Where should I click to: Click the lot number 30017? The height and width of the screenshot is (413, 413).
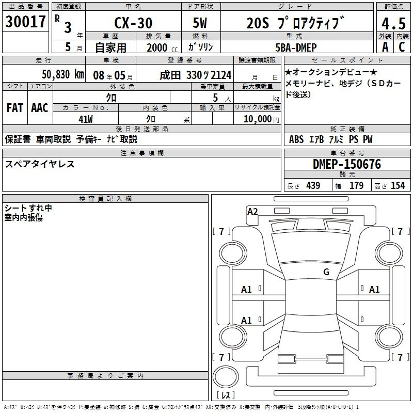coord(25,22)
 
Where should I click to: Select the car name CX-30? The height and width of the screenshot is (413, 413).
coord(133,23)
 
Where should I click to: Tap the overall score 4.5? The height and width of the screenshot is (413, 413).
coord(393,23)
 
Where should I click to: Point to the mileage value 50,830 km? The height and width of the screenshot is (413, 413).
coord(63,74)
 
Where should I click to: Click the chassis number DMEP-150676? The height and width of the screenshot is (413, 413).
coord(347,164)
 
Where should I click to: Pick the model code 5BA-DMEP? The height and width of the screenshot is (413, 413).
coord(296,47)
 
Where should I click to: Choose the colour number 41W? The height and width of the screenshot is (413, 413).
coord(86,119)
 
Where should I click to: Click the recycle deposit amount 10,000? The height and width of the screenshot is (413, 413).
coord(258,119)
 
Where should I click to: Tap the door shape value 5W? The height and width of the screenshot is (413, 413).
coord(200,23)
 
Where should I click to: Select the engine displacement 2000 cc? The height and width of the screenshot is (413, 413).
coord(162,47)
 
